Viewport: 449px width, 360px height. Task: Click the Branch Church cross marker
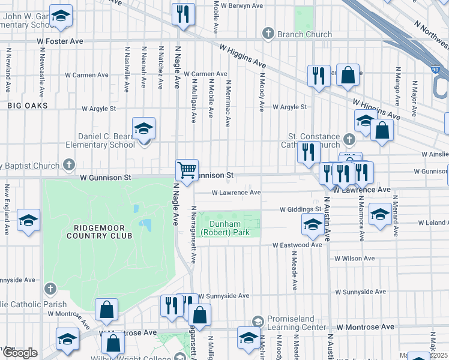268,34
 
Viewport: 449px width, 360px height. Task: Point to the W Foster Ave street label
60,41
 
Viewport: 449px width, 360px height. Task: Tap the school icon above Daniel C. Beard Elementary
143,129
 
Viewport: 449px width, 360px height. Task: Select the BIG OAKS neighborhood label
28,106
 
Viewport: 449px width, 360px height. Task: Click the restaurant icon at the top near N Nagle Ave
183,14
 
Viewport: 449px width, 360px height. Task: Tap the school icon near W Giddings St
313,226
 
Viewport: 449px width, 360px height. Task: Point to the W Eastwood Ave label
298,245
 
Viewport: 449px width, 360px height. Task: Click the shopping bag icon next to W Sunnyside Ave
199,314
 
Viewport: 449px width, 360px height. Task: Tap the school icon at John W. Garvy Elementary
60,17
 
